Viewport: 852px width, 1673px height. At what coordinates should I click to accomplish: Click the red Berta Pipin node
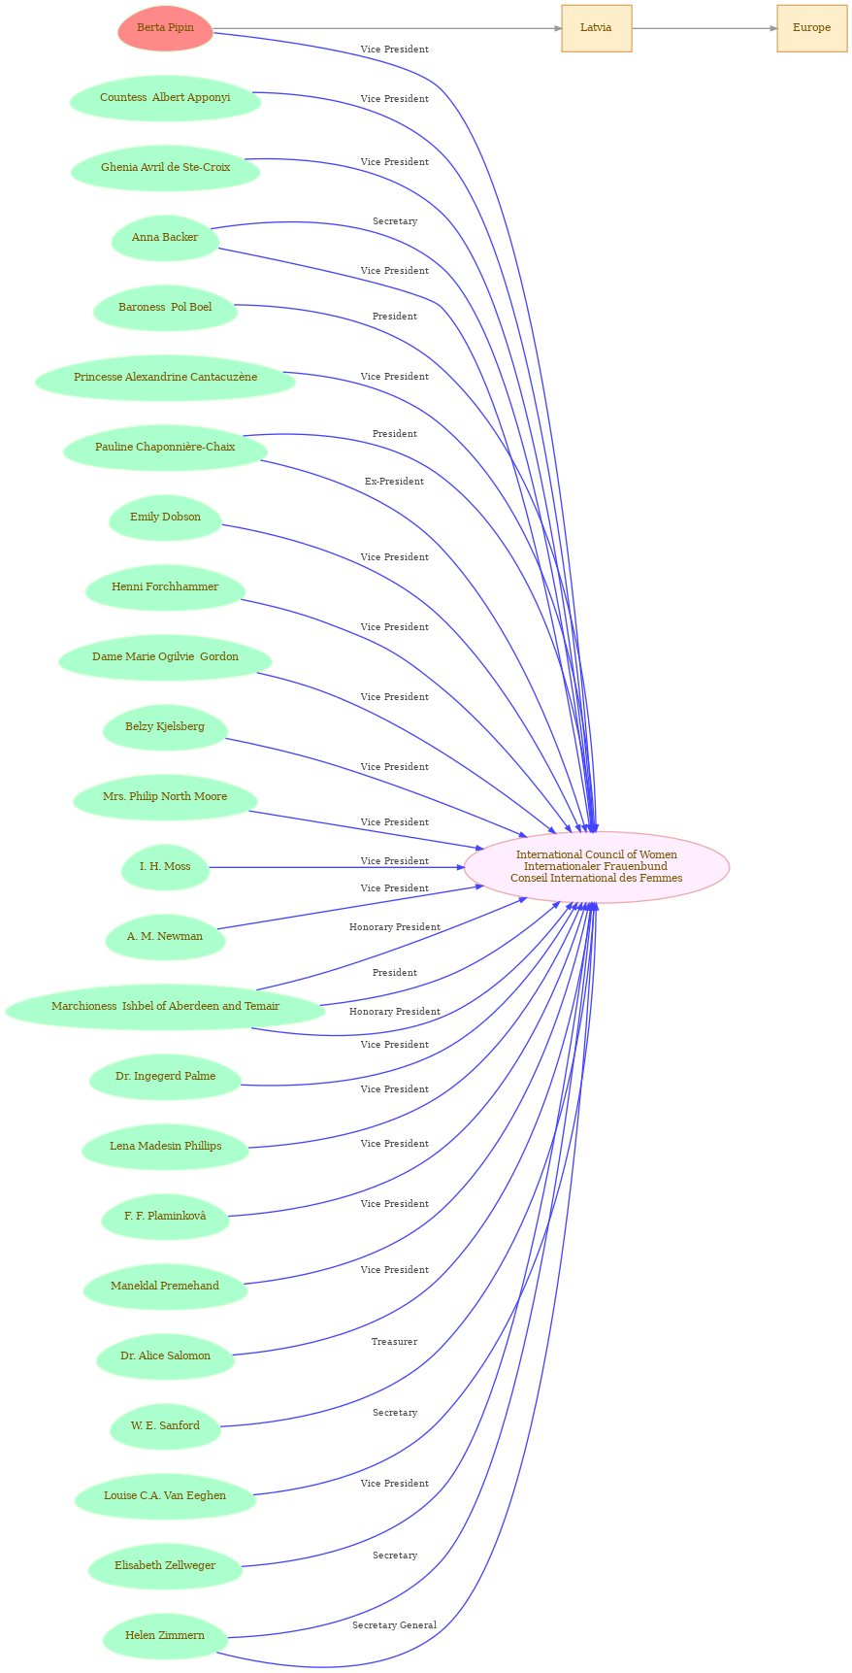[165, 28]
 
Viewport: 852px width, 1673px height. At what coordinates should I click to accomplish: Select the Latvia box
[596, 28]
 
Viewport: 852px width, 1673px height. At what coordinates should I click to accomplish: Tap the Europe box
[811, 28]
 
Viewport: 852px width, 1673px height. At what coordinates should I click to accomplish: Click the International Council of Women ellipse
[596, 866]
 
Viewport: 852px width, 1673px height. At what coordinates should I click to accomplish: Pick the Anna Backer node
[165, 238]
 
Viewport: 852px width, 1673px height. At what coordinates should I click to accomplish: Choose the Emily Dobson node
[165, 518]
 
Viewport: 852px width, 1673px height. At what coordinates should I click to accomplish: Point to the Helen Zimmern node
[165, 1636]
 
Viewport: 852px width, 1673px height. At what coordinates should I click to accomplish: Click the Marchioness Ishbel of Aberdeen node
[165, 1007]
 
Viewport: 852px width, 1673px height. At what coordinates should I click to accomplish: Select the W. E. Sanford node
[165, 1426]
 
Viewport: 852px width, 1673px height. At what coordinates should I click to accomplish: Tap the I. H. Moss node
[165, 867]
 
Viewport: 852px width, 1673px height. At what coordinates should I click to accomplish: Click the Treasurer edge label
[394, 1342]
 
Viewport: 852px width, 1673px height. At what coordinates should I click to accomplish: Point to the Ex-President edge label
[394, 482]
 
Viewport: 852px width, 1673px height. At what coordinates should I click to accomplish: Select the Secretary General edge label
[394, 1625]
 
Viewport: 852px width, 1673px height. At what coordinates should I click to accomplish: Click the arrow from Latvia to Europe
[704, 28]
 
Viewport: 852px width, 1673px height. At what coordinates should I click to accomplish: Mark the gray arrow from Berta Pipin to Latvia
[388, 28]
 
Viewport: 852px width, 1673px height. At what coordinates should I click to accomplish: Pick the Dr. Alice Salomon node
[165, 1356]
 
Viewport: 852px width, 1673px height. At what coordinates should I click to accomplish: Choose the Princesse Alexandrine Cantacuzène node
[165, 378]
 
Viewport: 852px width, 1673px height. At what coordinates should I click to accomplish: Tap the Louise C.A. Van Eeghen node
[165, 1496]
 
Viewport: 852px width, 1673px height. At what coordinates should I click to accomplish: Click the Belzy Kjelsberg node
[165, 727]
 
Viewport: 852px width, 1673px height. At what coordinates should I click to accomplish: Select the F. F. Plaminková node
[165, 1217]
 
